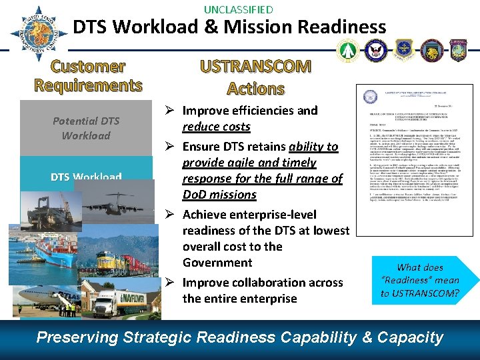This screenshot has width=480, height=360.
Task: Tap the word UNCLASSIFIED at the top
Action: [238, 9]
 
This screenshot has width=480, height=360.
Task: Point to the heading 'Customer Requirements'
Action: [88, 76]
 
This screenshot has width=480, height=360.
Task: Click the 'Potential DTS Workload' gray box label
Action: [86, 128]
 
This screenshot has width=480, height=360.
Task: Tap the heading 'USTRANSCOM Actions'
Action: [256, 77]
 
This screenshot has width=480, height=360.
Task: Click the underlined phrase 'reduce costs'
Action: [217, 127]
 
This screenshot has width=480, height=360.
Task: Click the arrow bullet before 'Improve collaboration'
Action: [170, 283]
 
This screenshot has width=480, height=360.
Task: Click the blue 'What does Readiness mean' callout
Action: [420, 280]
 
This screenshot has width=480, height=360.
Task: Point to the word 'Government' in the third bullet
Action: [217, 263]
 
